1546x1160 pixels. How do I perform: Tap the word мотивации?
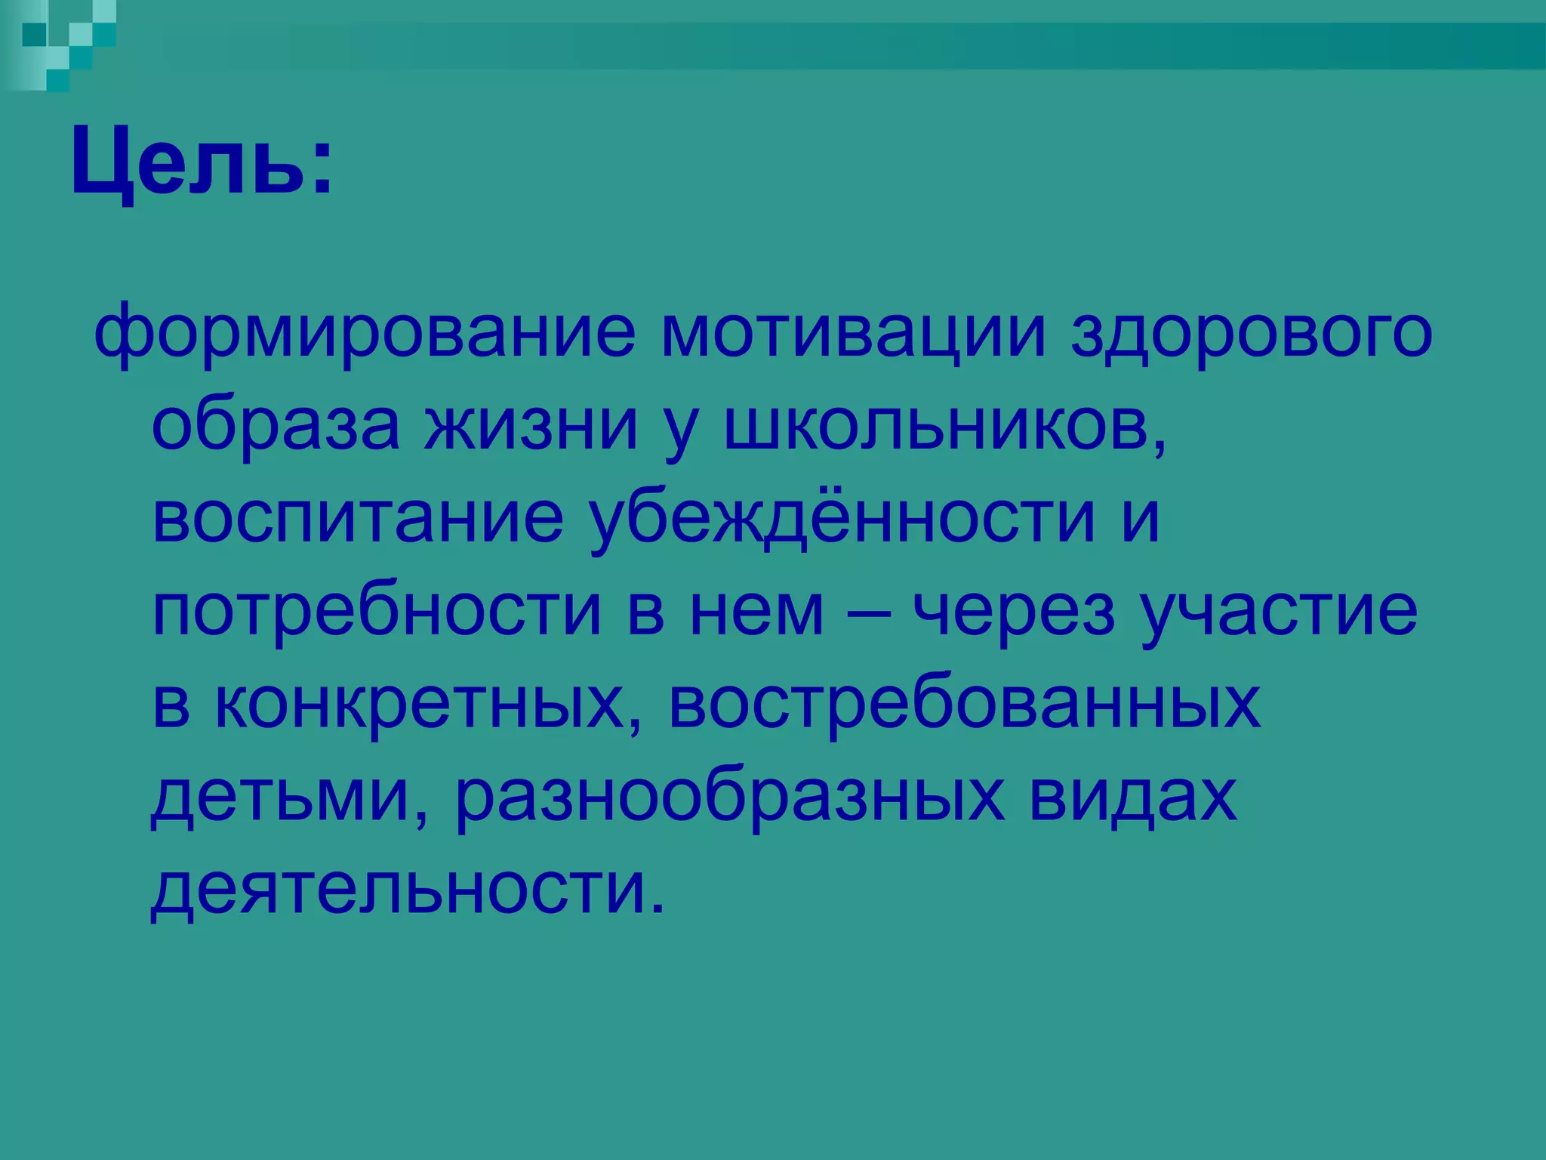point(853,333)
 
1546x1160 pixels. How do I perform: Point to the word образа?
point(276,426)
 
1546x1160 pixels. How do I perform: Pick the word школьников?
point(944,426)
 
